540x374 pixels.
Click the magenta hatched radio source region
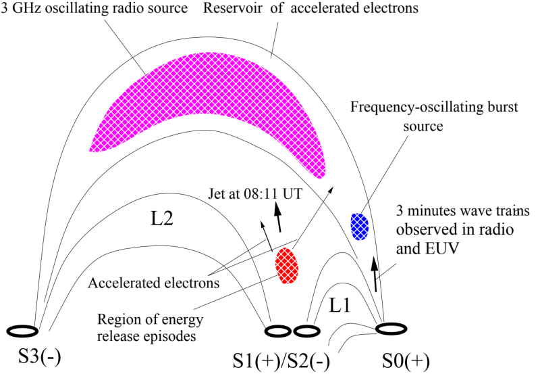202,115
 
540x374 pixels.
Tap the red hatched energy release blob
286,265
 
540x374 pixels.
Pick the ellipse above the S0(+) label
391,328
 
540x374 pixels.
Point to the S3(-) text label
32,357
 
